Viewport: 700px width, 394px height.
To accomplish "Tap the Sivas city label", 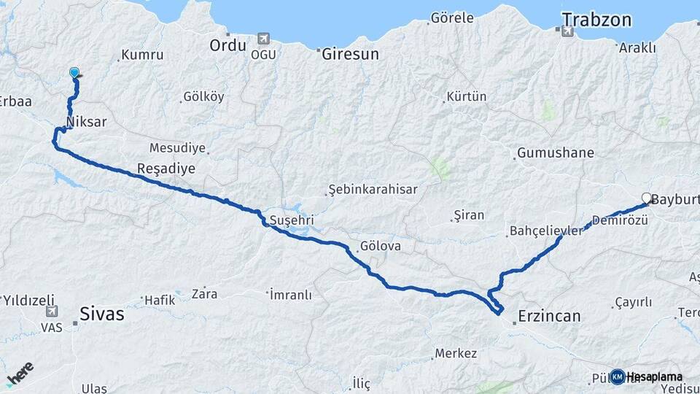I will coord(102,314).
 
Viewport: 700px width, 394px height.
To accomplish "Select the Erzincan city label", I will coord(549,316).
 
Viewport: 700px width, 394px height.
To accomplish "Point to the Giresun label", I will coord(351,53).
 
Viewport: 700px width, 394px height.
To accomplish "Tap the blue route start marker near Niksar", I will coord(74,72).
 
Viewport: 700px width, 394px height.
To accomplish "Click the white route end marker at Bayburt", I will coord(646,198).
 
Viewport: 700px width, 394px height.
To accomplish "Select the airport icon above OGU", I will coord(262,39).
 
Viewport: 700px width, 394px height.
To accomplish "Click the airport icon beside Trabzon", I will coord(567,31).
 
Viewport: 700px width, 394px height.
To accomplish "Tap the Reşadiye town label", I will coord(166,169).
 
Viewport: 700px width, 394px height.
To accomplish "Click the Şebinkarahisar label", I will coord(373,190).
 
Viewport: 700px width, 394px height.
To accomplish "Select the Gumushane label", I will coord(555,153).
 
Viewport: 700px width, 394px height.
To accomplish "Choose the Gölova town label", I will coord(380,246).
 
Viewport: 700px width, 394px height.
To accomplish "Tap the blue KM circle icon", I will coord(618,376).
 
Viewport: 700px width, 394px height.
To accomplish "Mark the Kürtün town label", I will coord(466,96).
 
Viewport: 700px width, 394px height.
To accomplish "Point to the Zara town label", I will coord(204,294).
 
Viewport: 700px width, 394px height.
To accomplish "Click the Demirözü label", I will coord(616,220).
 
